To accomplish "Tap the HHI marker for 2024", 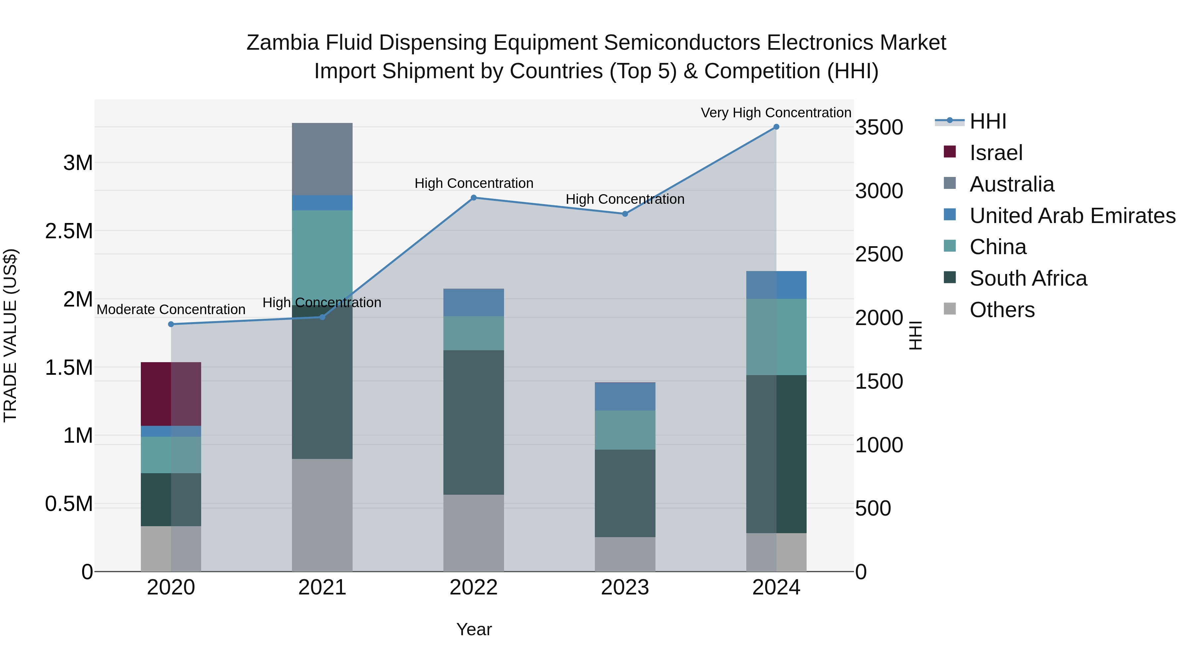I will pyautogui.click(x=776, y=127).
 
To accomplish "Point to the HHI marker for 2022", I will pyautogui.click(x=473, y=198).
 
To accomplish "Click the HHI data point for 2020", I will pyautogui.click(x=171, y=324).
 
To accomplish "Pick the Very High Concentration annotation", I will pyautogui.click(x=776, y=113).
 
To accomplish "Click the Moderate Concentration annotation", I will pyautogui.click(x=171, y=309).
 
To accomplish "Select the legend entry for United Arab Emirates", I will pyautogui.click(x=1072, y=215).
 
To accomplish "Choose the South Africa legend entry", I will pyautogui.click(x=1028, y=278).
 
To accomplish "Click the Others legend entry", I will pyautogui.click(x=1002, y=310).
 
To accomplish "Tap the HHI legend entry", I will pyautogui.click(x=988, y=121).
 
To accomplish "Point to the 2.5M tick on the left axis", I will pyautogui.click(x=69, y=231).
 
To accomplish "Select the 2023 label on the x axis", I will pyautogui.click(x=624, y=587).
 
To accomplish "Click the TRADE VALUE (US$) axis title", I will pyautogui.click(x=10, y=335).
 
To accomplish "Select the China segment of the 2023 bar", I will pyautogui.click(x=624, y=430).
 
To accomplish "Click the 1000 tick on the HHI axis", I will pyautogui.click(x=879, y=445).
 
